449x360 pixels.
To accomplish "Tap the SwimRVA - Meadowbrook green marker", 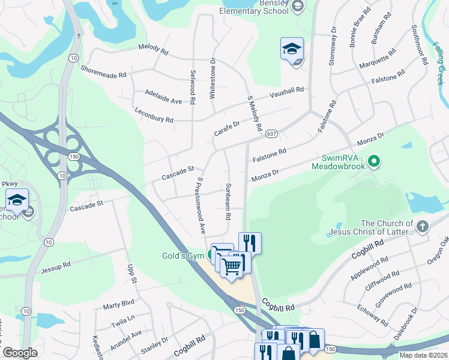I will [375, 161].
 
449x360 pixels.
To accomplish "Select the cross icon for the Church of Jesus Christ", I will [423, 226].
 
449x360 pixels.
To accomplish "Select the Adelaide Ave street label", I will [163, 97].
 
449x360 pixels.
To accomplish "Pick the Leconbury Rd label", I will [154, 116].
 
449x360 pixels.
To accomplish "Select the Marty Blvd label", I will [119, 304].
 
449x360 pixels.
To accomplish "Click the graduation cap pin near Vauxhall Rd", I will [292, 50].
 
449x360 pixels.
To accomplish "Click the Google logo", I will [20, 353].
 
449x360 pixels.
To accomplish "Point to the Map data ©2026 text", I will [423, 355].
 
